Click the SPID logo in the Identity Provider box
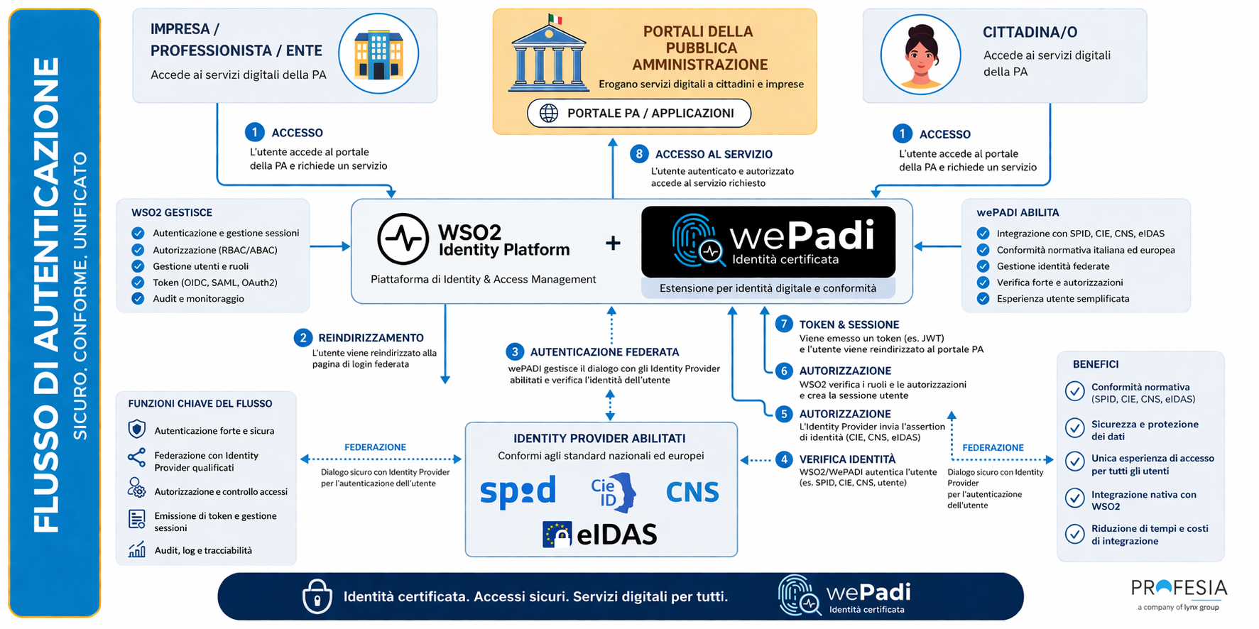[518, 492]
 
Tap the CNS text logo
[692, 492]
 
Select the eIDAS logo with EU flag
[600, 535]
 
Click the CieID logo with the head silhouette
[613, 492]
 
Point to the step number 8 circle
[639, 154]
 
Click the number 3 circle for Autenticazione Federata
[515, 351]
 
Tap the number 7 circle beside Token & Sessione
[783, 324]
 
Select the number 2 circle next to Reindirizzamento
[303, 337]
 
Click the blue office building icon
[378, 54]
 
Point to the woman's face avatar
[920, 55]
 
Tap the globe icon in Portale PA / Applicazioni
[549, 113]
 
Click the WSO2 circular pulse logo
[403, 239]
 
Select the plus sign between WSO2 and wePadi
[613, 244]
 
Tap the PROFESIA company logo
[1179, 589]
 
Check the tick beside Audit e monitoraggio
[138, 298]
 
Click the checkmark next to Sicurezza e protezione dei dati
[1074, 428]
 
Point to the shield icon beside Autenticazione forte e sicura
[137, 430]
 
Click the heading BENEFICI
[1095, 364]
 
